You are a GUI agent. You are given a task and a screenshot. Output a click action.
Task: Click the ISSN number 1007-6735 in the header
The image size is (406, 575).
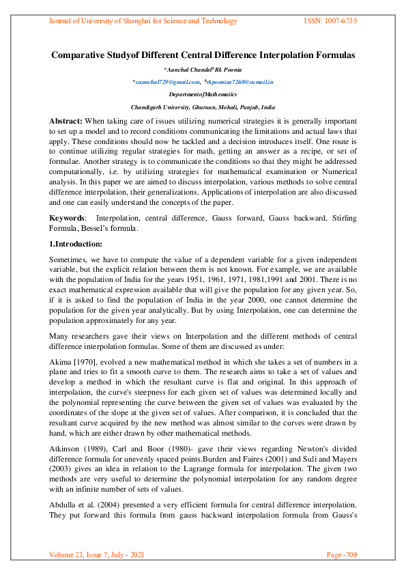click(x=330, y=21)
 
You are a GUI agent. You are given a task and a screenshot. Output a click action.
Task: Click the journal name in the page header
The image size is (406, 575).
click(x=143, y=21)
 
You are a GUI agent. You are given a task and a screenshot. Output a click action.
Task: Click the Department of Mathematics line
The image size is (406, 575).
click(x=203, y=94)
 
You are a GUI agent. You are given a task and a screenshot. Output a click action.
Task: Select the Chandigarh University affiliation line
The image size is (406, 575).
click(x=203, y=107)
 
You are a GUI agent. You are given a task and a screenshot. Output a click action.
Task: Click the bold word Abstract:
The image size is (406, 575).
click(x=67, y=120)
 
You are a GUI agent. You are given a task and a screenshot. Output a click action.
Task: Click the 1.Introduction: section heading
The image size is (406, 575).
click(x=75, y=244)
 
